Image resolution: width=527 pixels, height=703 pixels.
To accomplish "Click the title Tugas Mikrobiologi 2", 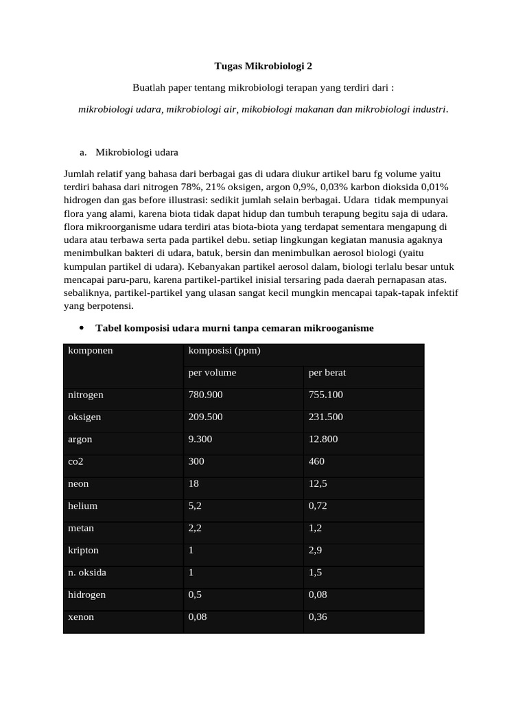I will click(263, 67).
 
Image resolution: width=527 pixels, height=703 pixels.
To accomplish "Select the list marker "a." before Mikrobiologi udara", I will click(84, 152).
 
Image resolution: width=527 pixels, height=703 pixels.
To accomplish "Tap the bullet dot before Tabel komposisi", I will click(82, 328).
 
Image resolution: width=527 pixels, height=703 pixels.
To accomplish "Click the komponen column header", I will click(91, 351).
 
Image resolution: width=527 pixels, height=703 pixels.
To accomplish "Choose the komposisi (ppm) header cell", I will click(224, 351).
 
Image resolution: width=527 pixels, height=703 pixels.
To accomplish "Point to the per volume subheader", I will click(212, 373).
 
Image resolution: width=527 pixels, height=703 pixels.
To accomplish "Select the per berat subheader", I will click(327, 373).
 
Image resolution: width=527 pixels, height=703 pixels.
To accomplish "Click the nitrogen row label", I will click(86, 395).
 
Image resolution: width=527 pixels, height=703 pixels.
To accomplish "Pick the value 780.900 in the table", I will click(205, 395).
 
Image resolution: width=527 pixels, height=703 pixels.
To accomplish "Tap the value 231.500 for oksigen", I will click(326, 417).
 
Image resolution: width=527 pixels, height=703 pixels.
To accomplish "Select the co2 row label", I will click(75, 461).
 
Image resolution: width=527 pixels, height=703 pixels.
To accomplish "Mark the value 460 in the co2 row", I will click(316, 461).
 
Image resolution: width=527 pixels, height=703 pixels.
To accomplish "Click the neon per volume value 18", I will click(194, 484).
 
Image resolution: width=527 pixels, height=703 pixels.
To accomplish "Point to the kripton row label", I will click(84, 551).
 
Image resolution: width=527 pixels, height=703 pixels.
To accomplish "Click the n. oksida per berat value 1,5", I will click(315, 573).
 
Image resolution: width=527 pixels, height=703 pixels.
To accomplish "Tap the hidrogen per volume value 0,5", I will click(195, 595).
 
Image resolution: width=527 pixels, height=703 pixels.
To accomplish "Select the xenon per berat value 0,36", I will click(318, 617).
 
